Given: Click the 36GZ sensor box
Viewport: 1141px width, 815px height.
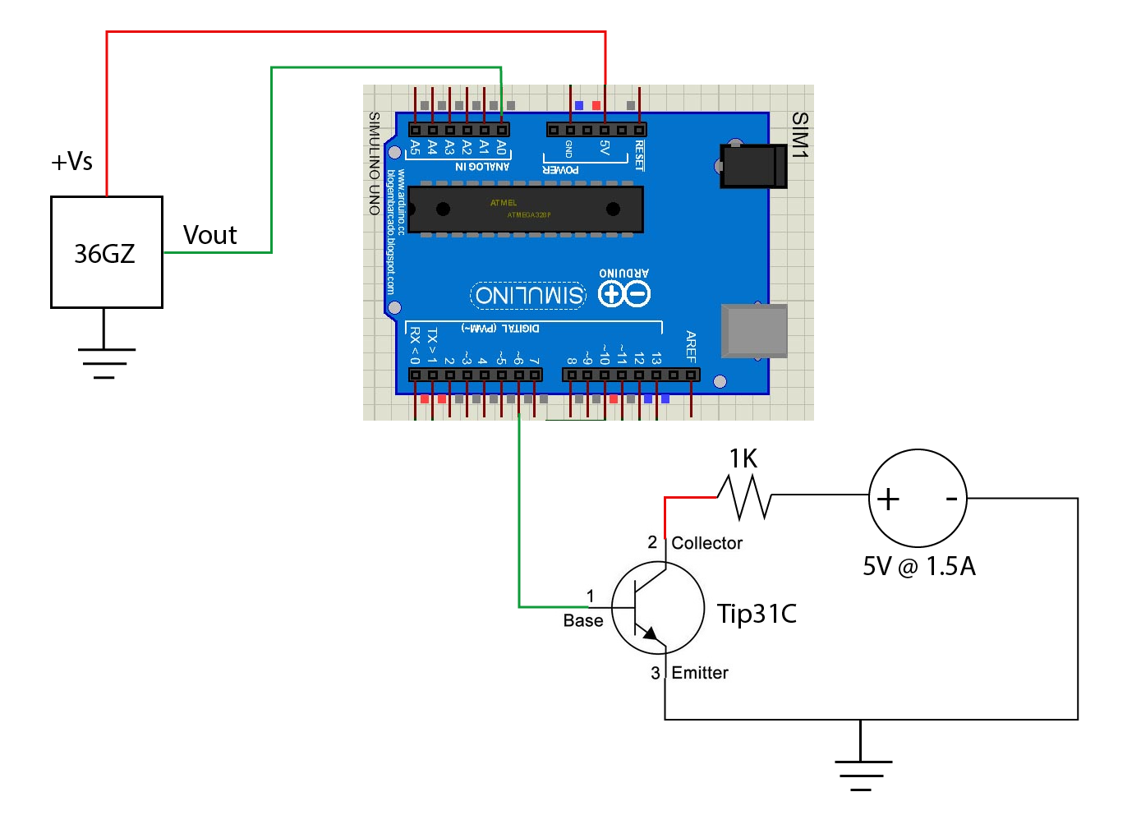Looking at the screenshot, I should [106, 252].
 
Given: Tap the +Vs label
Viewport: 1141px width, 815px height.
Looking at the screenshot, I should [71, 161].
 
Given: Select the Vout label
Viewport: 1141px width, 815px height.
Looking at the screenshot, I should [209, 235].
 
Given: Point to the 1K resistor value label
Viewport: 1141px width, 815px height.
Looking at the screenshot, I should [743, 458].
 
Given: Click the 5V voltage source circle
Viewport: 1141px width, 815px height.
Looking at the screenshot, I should [918, 498].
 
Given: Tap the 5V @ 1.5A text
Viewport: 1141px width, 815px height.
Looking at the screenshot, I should [918, 566].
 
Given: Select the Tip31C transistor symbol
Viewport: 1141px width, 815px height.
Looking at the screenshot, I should [658, 608].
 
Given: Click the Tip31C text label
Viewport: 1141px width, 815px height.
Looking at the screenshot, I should [757, 614].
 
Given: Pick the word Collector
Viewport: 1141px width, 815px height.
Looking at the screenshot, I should [706, 543].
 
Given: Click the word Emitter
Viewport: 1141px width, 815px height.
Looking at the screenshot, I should [700, 673].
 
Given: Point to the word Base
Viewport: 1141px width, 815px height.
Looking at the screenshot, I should [583, 621].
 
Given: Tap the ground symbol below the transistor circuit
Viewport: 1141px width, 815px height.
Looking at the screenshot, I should [862, 771].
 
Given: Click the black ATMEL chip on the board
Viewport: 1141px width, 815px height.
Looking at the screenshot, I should [526, 209].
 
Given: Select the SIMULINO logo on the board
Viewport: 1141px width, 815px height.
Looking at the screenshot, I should [530, 295].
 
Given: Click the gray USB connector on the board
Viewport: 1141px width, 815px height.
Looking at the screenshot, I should [754, 331].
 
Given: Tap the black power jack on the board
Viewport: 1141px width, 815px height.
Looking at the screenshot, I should [753, 165].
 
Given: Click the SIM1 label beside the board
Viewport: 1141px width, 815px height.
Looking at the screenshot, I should [799, 135].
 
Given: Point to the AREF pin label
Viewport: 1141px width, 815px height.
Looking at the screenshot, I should [691, 347].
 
